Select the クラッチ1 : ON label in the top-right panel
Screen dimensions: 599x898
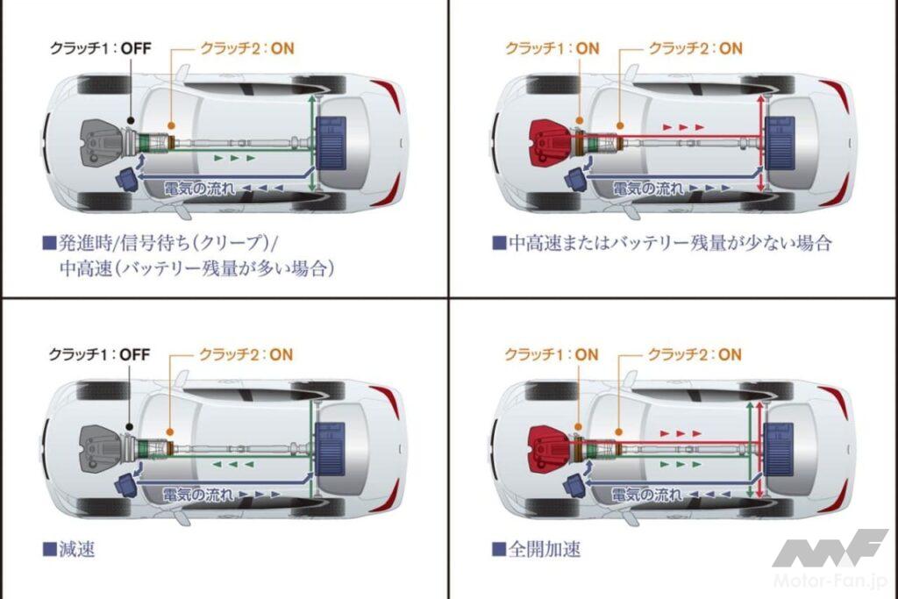551,47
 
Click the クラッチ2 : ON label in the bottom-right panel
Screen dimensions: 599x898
694,354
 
